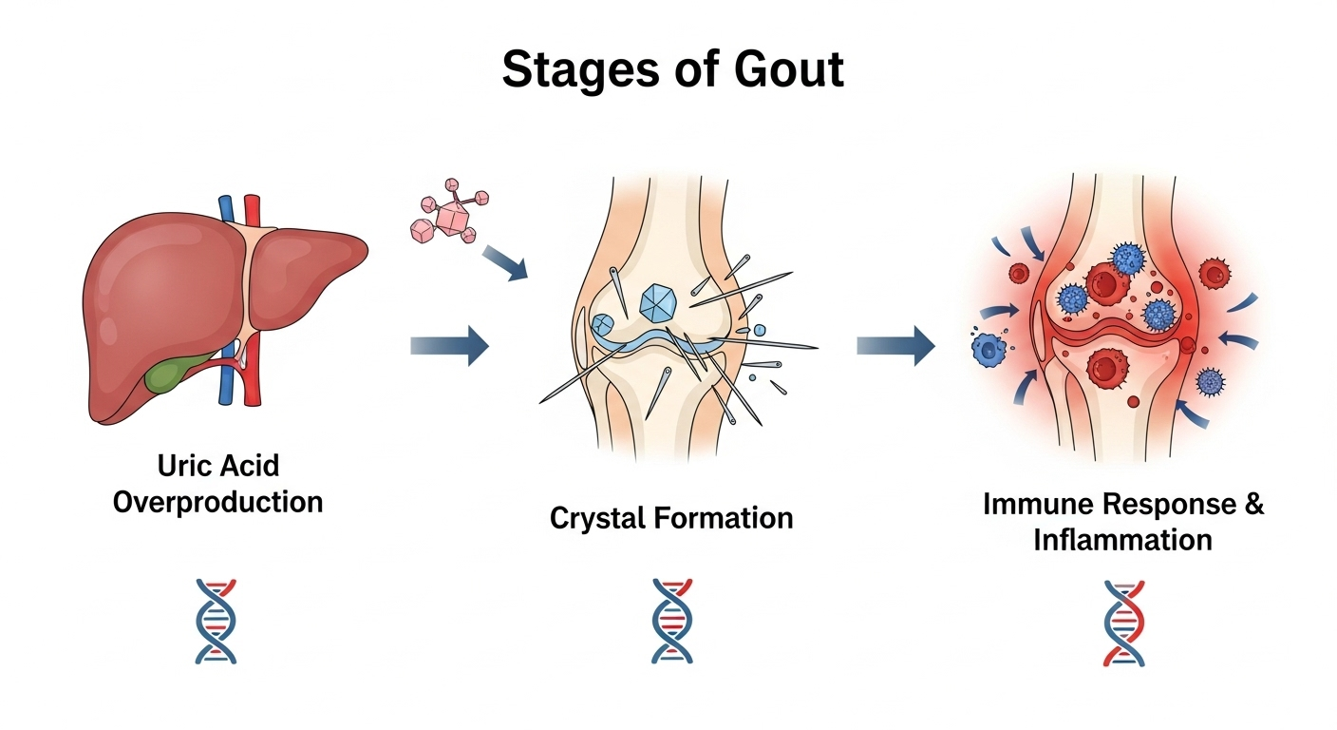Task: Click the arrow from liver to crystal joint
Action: (449, 346)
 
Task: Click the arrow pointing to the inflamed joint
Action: (894, 346)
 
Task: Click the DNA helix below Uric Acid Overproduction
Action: (216, 622)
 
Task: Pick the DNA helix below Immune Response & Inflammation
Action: (1123, 622)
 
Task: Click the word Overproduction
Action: (217, 501)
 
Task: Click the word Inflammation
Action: (1122, 540)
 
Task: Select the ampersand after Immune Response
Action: (1252, 504)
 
